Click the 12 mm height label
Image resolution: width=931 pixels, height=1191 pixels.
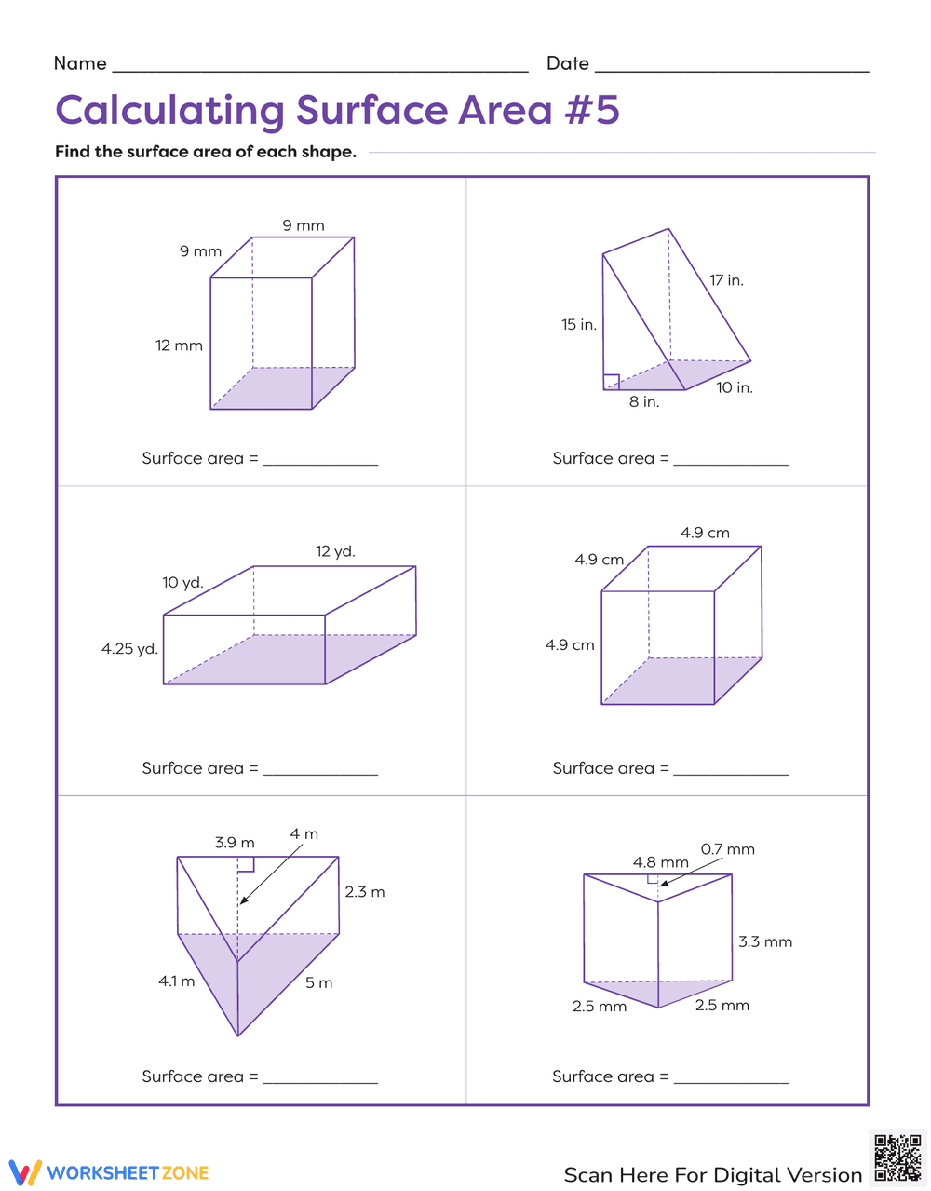pyautogui.click(x=179, y=345)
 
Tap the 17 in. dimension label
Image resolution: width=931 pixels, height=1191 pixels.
pyautogui.click(x=726, y=280)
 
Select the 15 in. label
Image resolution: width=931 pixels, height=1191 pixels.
pyautogui.click(x=578, y=325)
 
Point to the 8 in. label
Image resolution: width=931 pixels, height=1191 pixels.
pyautogui.click(x=643, y=402)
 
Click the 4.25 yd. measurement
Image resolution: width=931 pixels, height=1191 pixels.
pyautogui.click(x=129, y=649)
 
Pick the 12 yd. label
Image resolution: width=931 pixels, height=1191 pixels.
pyautogui.click(x=335, y=551)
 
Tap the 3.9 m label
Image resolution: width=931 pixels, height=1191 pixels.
pyautogui.click(x=235, y=843)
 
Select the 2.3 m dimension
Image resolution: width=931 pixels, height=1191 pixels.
pyautogui.click(x=364, y=892)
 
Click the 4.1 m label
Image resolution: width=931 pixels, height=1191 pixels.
pyautogui.click(x=176, y=981)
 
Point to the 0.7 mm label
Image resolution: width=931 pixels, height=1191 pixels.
pyautogui.click(x=727, y=849)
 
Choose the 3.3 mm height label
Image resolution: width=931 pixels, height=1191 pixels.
pyautogui.click(x=765, y=942)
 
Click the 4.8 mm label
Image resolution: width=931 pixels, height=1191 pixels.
pyautogui.click(x=660, y=862)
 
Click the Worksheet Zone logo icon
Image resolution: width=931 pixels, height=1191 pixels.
pyautogui.click(x=25, y=1172)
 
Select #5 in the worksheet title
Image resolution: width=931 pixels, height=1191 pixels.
pyautogui.click(x=592, y=110)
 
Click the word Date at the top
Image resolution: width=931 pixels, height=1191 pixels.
pyautogui.click(x=568, y=63)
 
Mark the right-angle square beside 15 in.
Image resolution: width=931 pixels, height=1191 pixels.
pyautogui.click(x=612, y=381)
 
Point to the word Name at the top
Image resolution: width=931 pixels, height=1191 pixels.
pyautogui.click(x=80, y=63)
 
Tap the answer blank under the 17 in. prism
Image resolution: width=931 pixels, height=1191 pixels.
pyautogui.click(x=731, y=458)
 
